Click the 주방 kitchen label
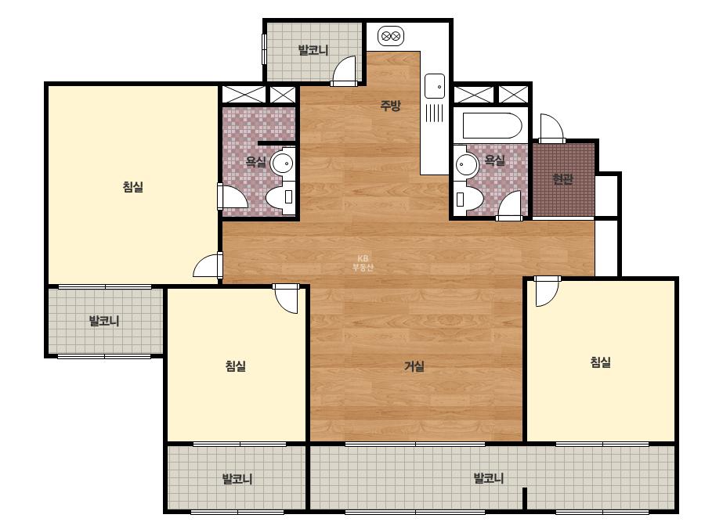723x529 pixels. pos(390,106)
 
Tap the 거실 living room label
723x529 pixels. pos(414,366)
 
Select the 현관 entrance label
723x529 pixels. pos(562,178)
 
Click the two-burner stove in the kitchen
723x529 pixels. pos(391,36)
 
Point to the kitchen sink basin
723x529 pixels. pos(435,86)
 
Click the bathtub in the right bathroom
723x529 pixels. pos(492,125)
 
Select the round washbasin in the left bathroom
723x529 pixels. pos(282,163)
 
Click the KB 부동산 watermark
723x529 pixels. pos(363,263)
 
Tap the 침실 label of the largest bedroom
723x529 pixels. pos(133,186)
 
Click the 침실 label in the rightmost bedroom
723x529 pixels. pos(600,362)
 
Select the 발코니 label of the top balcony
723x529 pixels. pos(313,50)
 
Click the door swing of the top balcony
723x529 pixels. pos(344,70)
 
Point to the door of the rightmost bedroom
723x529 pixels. pos(547,291)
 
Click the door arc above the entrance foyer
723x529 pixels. pos(552,128)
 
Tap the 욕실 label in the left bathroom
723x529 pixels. pos(255,162)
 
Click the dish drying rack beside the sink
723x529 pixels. pos(434,113)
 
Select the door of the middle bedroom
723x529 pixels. pos(286,299)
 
